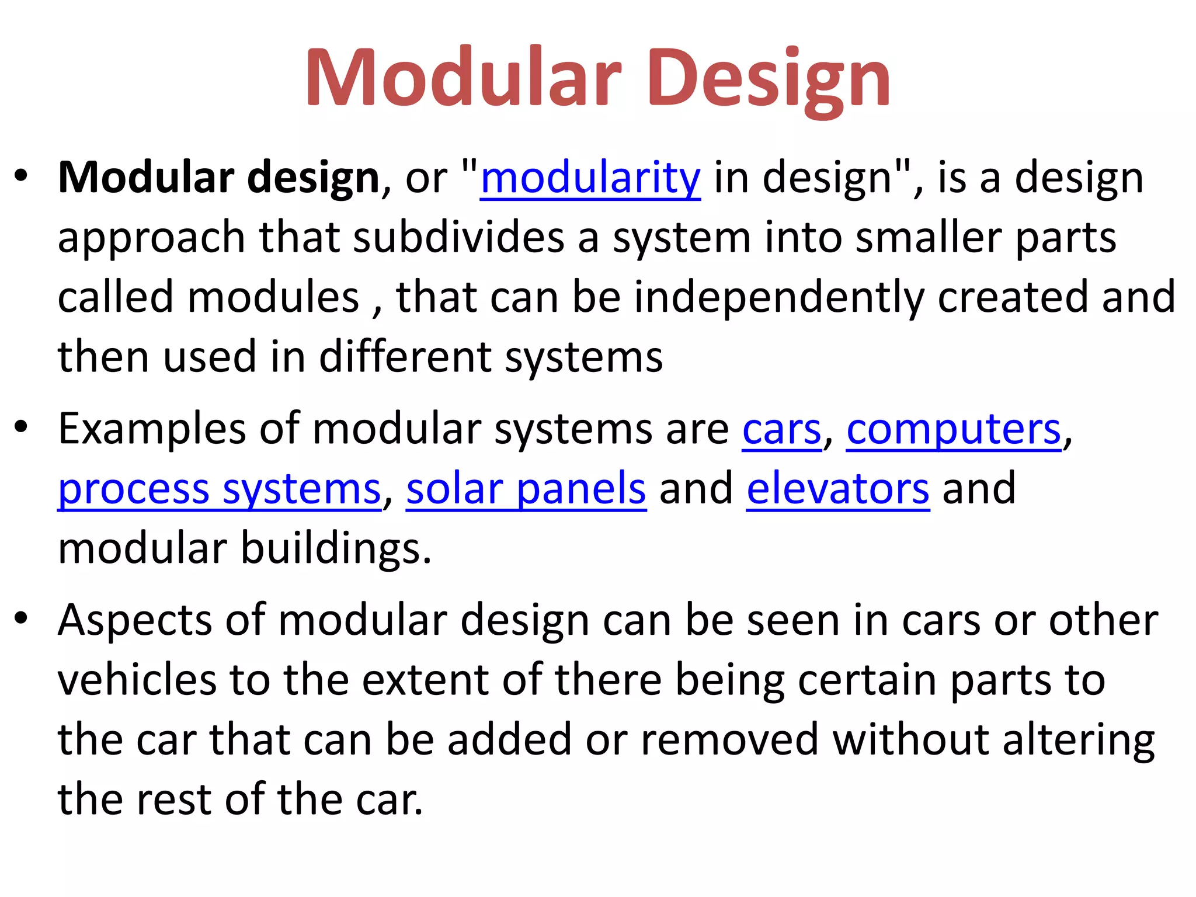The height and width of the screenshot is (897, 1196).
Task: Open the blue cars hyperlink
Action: coord(781,429)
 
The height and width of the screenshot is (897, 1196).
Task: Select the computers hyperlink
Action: coord(954,429)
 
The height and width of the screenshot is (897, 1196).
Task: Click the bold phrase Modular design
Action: coord(219,178)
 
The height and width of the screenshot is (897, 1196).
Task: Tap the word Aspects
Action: coord(135,620)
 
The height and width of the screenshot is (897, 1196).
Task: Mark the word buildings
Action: coord(335,549)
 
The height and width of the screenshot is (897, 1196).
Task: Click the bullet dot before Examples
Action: coord(22,426)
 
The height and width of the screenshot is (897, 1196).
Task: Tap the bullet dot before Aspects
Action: coord(22,617)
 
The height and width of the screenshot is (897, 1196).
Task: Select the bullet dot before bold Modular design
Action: coord(22,175)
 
